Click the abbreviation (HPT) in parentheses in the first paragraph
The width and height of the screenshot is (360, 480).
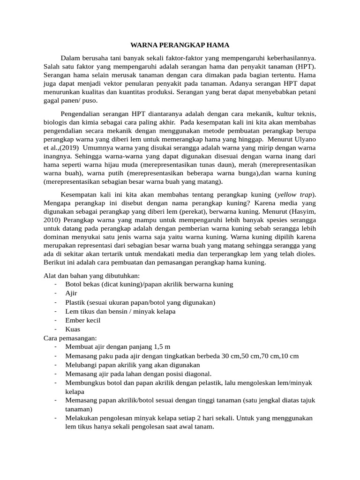point(306,66)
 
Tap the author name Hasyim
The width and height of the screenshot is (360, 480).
point(301,211)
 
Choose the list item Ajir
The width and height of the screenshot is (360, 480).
point(71,293)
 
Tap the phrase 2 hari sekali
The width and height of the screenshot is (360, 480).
point(217,418)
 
